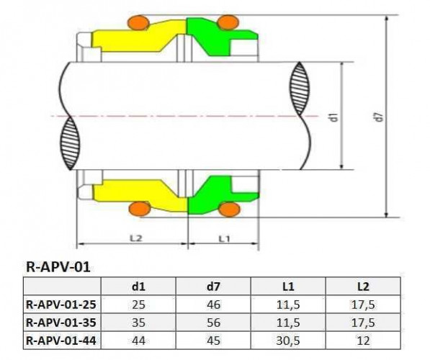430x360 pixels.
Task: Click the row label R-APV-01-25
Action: pyautogui.click(x=59, y=305)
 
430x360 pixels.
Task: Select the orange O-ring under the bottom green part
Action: pyautogui.click(x=228, y=209)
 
